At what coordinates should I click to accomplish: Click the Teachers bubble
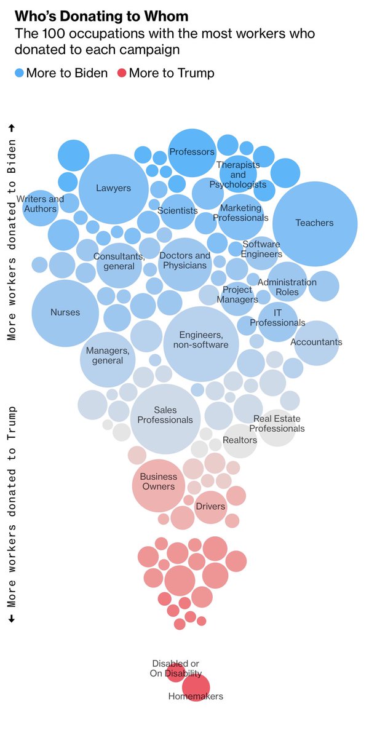coord(315,223)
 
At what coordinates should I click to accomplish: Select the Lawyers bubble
coord(114,188)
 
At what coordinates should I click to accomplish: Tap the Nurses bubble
coord(65,312)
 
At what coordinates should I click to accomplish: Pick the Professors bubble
coord(192,152)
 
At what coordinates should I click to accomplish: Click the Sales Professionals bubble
coord(165,419)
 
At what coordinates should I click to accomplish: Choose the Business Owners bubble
coord(159,485)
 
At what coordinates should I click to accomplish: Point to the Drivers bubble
coord(210,507)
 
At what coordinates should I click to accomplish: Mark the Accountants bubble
coord(316,343)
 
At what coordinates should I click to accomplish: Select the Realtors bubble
coord(240,440)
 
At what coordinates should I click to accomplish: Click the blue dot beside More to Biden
coord(20,73)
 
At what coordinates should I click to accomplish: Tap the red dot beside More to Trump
coord(121,73)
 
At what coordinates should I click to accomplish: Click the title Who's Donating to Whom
coord(101,16)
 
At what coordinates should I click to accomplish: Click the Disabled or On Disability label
coord(176,669)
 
